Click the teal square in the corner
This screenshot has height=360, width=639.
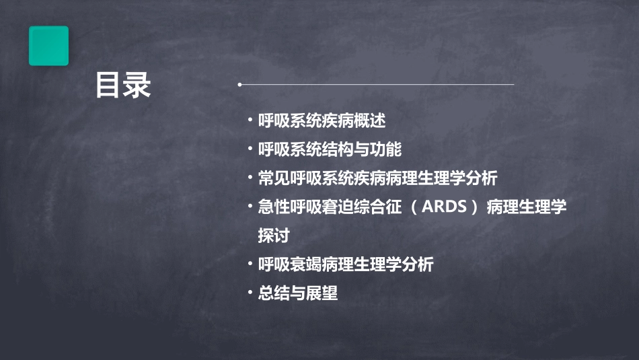point(48,46)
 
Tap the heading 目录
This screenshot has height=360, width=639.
point(122,86)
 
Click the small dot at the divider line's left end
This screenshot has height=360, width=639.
point(239,85)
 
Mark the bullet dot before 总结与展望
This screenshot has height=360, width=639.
point(250,293)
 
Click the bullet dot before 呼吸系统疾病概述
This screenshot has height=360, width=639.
point(250,120)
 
